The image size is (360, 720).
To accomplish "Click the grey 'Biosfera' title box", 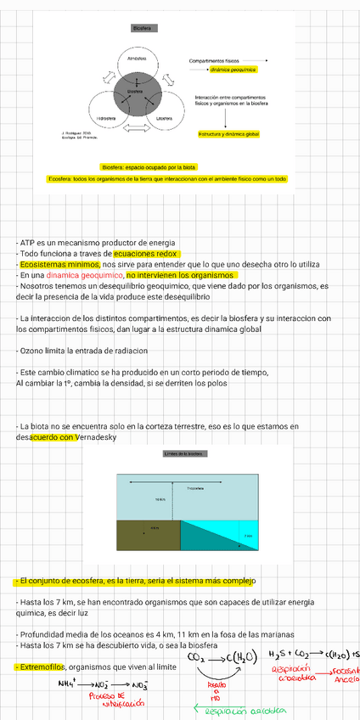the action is click(142, 28).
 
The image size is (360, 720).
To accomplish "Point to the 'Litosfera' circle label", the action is click(165, 117).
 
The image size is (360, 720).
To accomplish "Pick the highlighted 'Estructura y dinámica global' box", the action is click(229, 134).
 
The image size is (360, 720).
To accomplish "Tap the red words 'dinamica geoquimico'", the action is click(84, 275).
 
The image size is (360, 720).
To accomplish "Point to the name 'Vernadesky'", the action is click(99, 437).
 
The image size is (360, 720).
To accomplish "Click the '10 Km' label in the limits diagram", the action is click(160, 499).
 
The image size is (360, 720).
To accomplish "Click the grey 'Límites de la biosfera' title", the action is click(183, 454).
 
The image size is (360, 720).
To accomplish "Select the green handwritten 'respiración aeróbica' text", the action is click(247, 712).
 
